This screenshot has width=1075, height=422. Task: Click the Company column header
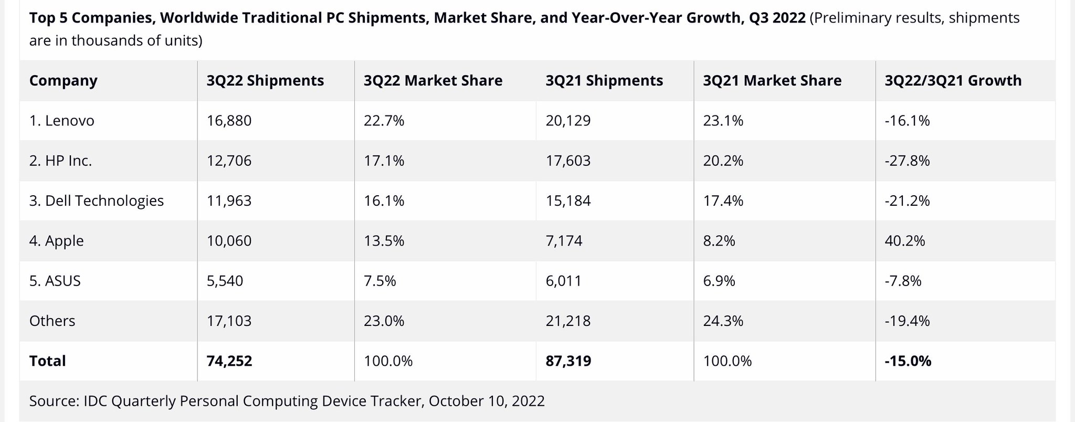63,80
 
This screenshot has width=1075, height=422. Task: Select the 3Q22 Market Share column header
433,80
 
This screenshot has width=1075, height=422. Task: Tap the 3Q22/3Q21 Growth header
953,80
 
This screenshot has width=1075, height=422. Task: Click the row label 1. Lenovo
61,121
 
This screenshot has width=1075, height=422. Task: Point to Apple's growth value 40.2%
904,241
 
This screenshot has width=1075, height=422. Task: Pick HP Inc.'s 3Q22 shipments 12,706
229,161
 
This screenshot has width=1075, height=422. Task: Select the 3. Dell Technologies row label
97,201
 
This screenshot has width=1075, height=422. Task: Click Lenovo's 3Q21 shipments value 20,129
568,121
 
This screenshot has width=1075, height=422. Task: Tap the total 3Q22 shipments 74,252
229,361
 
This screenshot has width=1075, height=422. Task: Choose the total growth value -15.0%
908,361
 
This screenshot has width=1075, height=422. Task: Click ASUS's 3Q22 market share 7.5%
380,281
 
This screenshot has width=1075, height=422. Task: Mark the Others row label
52,321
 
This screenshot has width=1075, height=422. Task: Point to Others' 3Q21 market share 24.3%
723,321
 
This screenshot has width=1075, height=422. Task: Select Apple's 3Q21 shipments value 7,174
564,241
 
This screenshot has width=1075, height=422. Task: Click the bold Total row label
47,361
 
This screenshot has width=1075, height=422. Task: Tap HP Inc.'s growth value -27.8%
907,161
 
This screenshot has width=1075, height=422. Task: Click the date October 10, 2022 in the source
487,401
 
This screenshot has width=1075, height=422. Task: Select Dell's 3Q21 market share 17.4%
723,201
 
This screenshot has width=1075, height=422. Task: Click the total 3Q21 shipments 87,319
568,361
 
